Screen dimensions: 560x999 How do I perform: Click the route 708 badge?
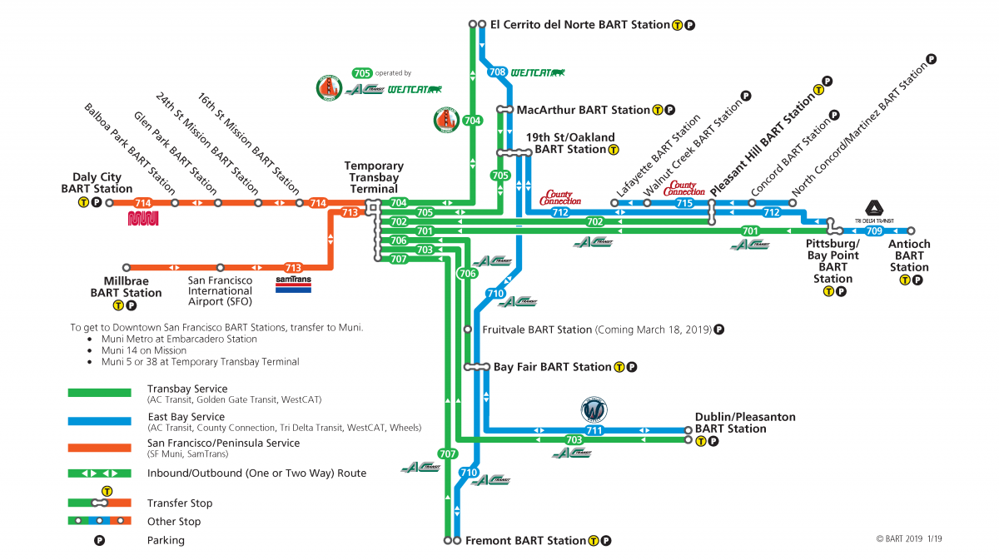[497, 72]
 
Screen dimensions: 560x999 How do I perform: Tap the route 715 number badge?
[684, 203]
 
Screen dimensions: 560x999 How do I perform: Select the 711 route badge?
[593, 430]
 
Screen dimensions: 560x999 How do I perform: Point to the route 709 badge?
[874, 230]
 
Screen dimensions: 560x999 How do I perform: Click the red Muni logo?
[143, 218]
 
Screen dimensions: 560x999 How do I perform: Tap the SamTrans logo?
[293, 285]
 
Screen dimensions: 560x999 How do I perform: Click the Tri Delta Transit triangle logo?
[873, 210]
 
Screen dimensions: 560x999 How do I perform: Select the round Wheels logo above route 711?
[594, 409]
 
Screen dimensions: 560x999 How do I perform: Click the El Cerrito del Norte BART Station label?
[579, 25]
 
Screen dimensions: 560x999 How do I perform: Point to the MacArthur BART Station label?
[583, 110]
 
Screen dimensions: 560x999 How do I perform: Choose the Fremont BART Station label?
[525, 541]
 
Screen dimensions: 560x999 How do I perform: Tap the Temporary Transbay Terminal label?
[374, 177]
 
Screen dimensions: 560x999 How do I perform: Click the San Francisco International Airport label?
[220, 291]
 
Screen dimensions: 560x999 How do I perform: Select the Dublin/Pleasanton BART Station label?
[745, 423]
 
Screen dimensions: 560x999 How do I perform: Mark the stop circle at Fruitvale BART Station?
[468, 330]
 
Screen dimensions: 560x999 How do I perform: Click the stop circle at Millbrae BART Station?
[127, 267]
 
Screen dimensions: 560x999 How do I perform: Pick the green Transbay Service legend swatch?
[99, 393]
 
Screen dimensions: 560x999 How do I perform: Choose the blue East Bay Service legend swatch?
[99, 420]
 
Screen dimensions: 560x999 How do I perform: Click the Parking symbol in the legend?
[99, 540]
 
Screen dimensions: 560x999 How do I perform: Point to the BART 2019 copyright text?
[909, 538]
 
